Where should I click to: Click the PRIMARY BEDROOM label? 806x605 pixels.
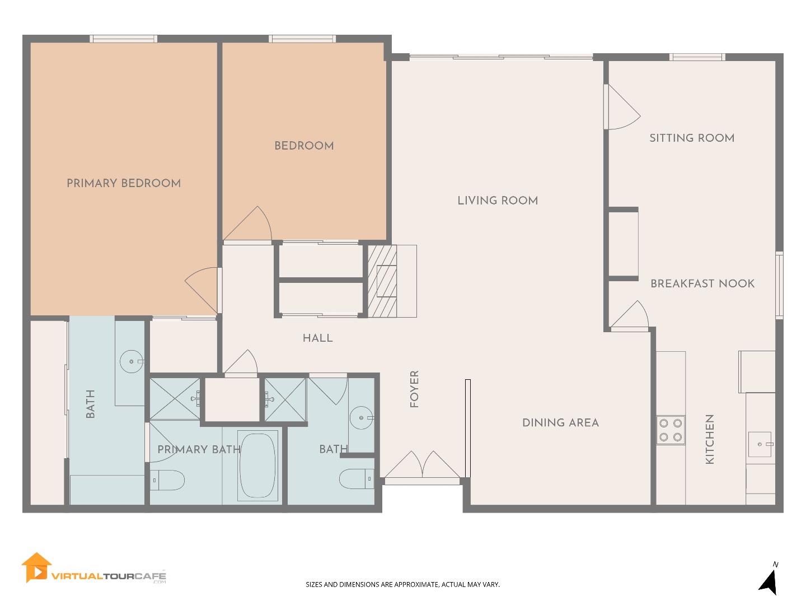(124, 183)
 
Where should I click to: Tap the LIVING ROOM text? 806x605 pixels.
(498, 201)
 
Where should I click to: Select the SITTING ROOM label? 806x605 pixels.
(692, 138)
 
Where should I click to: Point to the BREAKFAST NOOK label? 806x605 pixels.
(702, 283)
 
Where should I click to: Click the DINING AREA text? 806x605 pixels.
(560, 423)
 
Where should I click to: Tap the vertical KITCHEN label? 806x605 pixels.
(710, 439)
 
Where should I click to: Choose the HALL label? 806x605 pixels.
(317, 338)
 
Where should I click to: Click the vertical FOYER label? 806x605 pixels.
(414, 389)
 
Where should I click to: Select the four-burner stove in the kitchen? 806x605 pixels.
(671, 430)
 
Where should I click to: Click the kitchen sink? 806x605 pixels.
(760, 444)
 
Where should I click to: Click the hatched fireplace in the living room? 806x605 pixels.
(382, 281)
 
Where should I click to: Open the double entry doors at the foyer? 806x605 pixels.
(423, 466)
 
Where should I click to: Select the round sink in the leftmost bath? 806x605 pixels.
(132, 362)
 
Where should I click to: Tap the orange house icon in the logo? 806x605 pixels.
(36, 567)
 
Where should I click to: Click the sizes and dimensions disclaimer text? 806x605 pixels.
(402, 584)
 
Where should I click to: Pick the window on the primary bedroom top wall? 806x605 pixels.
(124, 39)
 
